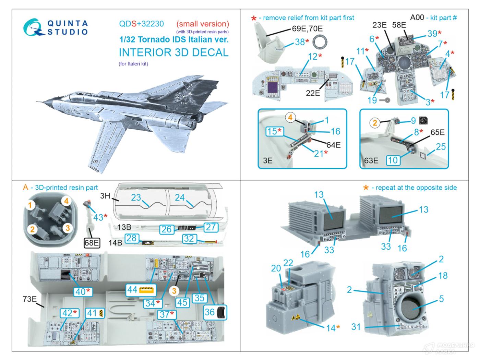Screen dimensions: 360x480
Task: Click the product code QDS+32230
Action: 141,24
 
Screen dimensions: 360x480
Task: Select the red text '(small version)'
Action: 203,24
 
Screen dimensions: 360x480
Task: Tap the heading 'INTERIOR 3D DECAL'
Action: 173,52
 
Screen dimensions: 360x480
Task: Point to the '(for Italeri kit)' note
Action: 133,63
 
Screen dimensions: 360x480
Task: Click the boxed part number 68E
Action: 92,243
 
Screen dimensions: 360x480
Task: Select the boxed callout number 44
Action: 141,290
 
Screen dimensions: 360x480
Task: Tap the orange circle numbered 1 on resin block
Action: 30,205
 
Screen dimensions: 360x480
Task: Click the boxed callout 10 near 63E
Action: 393,160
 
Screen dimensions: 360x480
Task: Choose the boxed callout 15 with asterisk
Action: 275,131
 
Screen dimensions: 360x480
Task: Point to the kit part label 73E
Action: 29,299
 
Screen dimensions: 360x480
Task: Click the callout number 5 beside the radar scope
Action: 441,299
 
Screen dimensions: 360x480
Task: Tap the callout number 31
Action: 356,327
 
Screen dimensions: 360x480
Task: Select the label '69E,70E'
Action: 308,28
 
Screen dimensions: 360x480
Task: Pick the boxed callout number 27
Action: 211,227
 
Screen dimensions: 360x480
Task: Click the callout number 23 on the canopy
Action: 136,197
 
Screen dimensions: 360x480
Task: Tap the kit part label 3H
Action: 105,196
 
